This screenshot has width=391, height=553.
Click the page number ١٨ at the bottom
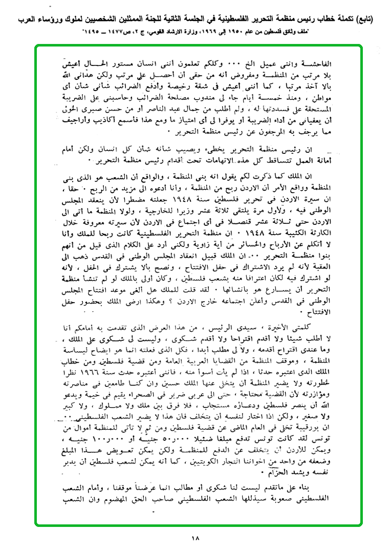196,537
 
